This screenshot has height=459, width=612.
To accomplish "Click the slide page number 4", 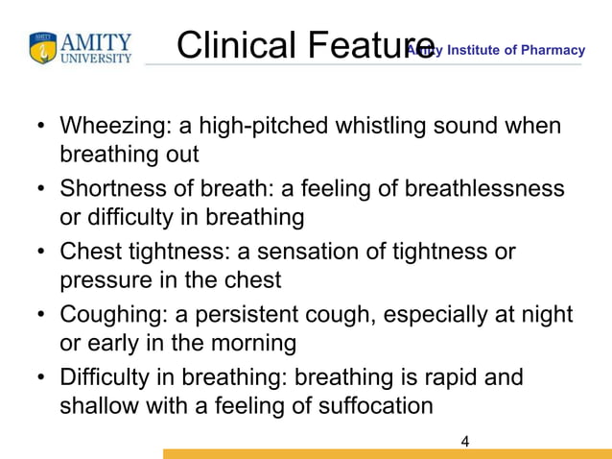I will [x=465, y=442].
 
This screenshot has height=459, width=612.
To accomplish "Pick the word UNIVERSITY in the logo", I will [x=96, y=59].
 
